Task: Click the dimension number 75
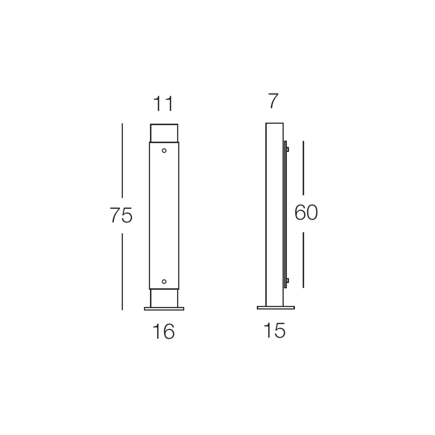(x=121, y=215)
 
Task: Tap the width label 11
(x=163, y=104)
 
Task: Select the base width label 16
(x=163, y=331)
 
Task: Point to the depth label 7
(x=273, y=101)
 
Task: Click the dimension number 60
(x=306, y=213)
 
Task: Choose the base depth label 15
(x=274, y=331)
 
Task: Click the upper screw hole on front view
(x=164, y=151)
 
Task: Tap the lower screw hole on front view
(x=164, y=281)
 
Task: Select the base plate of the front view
(x=164, y=309)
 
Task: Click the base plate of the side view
(x=276, y=308)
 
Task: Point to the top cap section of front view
(x=164, y=133)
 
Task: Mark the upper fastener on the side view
(x=287, y=149)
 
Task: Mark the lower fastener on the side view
(x=287, y=281)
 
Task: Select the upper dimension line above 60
(x=303, y=168)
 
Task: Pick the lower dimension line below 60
(x=303, y=260)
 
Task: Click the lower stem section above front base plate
(x=164, y=298)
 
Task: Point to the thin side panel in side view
(x=285, y=214)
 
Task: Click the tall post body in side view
(x=274, y=214)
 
